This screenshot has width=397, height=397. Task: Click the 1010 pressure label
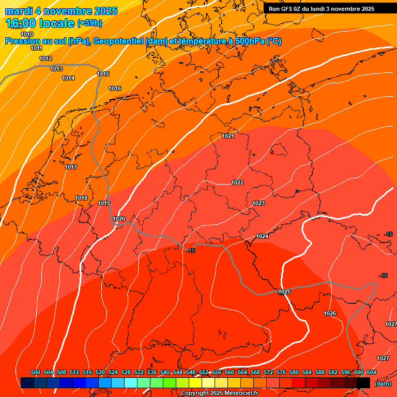pyautogui.click(x=27, y=49)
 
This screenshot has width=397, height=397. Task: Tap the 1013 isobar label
pyautogui.click(x=56, y=69)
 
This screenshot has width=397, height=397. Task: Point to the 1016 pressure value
pyautogui.click(x=115, y=89)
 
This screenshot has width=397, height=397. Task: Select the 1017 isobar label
pyautogui.click(x=71, y=167)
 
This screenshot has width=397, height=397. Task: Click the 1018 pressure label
pyautogui.click(x=81, y=198)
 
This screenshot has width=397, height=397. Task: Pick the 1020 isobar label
pyautogui.click(x=119, y=219)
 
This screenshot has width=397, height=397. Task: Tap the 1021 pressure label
pyautogui.click(x=228, y=136)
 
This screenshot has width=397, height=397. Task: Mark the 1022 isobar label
pyautogui.click(x=237, y=182)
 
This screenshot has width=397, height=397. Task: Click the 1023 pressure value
pyautogui.click(x=258, y=203)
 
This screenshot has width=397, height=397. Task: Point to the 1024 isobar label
pyautogui.click(x=262, y=236)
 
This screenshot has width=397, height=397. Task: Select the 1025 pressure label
pyautogui.click(x=284, y=292)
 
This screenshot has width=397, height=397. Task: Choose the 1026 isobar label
pyautogui.click(x=330, y=313)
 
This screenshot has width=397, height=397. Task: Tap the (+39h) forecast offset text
pyautogui.click(x=89, y=23)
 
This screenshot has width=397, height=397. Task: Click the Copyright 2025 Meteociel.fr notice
pyautogui.click(x=219, y=393)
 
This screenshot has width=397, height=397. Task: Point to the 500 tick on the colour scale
pyautogui.click(x=36, y=372)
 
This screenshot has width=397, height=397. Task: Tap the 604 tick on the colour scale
pyautogui.click(x=371, y=372)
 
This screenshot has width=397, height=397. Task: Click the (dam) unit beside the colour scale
pyautogui.click(x=383, y=384)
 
